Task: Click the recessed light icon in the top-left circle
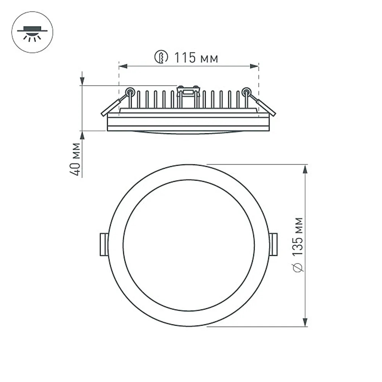pos(32,32)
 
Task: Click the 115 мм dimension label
pos(196,58)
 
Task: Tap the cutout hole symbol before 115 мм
pos(161,57)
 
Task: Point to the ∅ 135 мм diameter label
pos(299,244)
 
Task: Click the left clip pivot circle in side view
pos(130,91)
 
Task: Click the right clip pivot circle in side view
pos(246,91)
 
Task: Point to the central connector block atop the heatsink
pos(188,92)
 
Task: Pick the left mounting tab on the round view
pos(104,244)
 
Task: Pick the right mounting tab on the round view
pos(274,244)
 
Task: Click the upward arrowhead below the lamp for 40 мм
pos(82,136)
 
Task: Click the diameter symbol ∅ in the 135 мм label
pos(299,267)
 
